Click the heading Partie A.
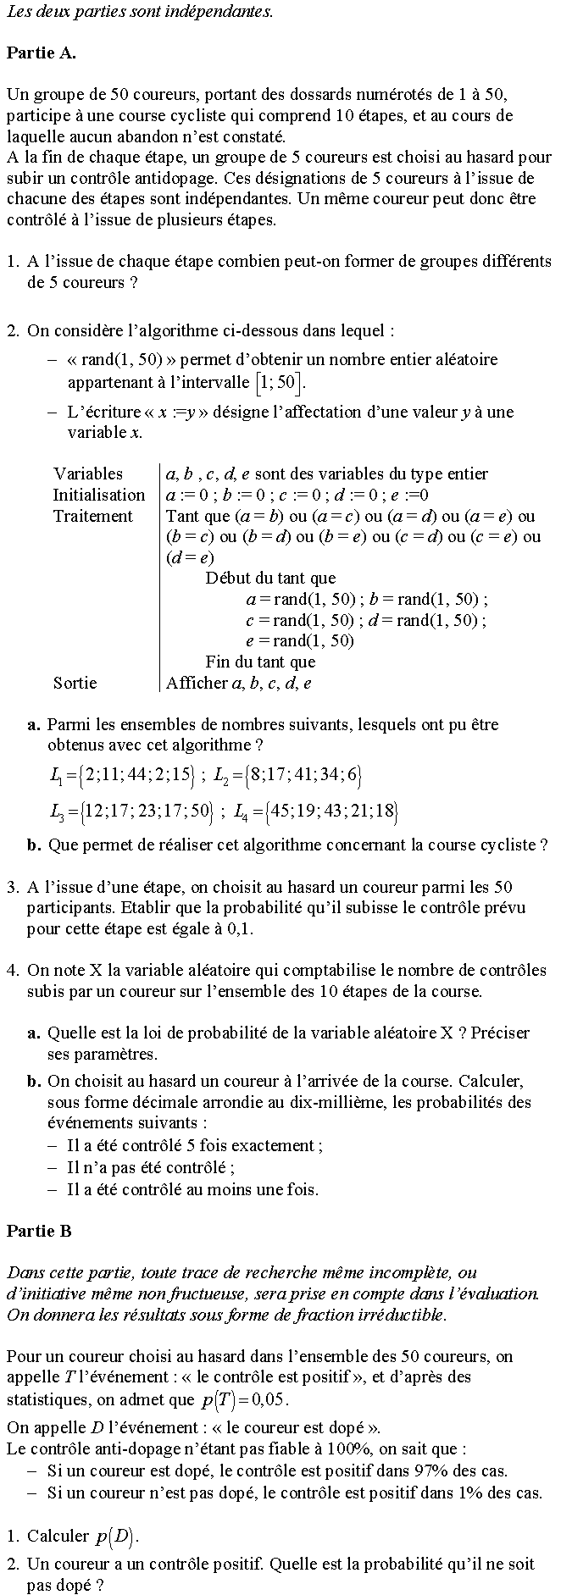[x=41, y=53]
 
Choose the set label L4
[x=241, y=811]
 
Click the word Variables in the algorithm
[x=88, y=474]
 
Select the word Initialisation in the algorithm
[x=99, y=495]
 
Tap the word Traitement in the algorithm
[x=93, y=516]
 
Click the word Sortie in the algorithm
[x=75, y=683]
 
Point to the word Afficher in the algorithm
[x=197, y=683]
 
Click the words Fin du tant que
[x=260, y=662]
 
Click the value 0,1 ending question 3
[x=241, y=928]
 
